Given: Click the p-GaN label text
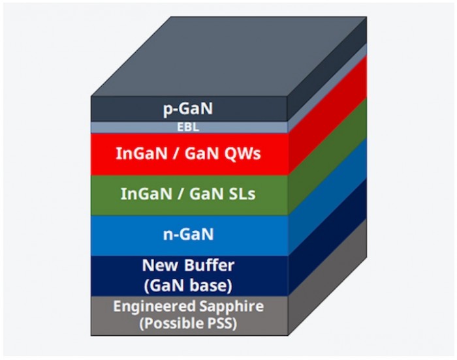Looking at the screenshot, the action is (x=188, y=109).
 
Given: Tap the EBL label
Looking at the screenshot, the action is (x=188, y=127).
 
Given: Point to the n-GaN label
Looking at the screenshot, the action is (x=188, y=234).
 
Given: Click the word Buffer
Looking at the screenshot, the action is (x=209, y=265).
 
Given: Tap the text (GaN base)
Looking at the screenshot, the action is (x=188, y=286).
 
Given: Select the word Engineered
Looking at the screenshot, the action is (x=154, y=306).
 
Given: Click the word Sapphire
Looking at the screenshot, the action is (x=232, y=306).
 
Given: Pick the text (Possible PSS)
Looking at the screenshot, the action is (x=188, y=323).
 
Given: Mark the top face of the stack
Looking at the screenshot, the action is (x=228, y=57).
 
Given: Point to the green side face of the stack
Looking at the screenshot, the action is (x=327, y=156).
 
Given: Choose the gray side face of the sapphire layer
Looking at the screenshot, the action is (x=327, y=277).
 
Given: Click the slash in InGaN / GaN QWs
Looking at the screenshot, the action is (x=176, y=153).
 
